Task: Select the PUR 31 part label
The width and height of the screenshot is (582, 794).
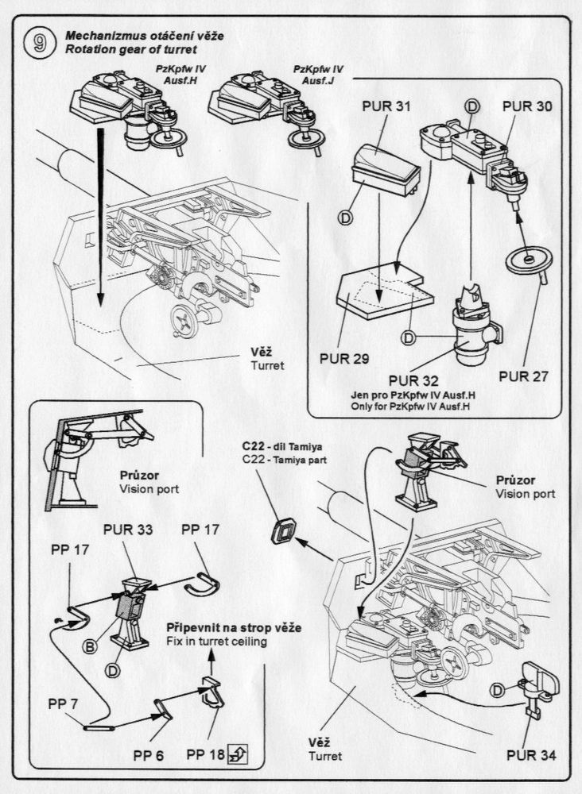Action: [386, 106]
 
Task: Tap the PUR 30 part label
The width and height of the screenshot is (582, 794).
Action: [527, 105]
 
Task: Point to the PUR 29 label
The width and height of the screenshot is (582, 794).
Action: [343, 358]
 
